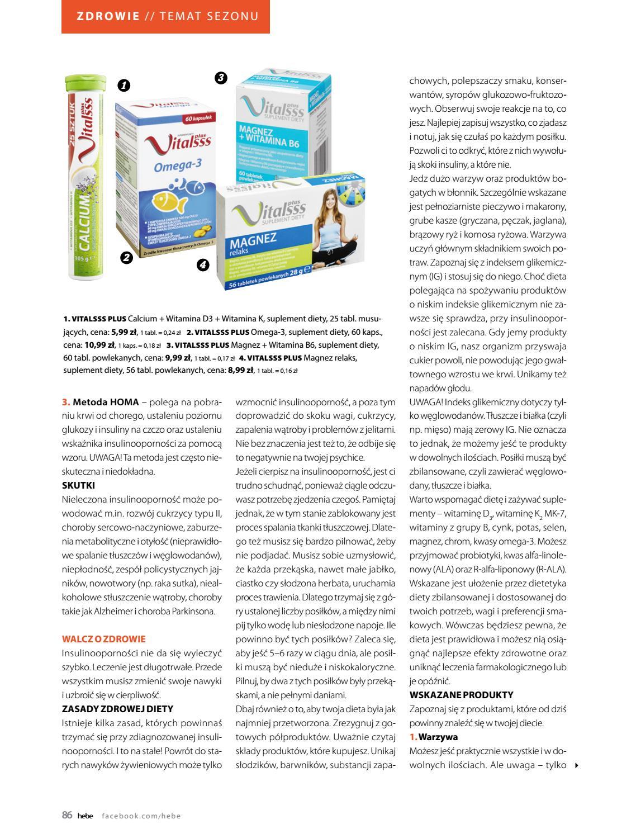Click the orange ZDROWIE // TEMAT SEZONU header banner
pyautogui.click(x=165, y=16)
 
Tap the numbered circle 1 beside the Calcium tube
pyautogui.click(x=124, y=86)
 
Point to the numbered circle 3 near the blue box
pyautogui.click(x=221, y=78)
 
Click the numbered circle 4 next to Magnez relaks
pyautogui.click(x=203, y=264)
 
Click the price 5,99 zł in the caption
pyautogui.click(x=124, y=332)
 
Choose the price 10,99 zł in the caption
pyautogui.click(x=99, y=345)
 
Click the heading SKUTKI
pyautogui.click(x=78, y=485)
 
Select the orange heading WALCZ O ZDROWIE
pyautogui.click(x=103, y=639)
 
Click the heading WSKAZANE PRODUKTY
pyautogui.click(x=461, y=695)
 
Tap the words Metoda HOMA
pyautogui.click(x=106, y=401)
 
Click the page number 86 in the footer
pyautogui.click(x=67, y=815)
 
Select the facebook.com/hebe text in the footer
pyautogui.click(x=141, y=816)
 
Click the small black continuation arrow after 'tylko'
pyautogui.click(x=577, y=765)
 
